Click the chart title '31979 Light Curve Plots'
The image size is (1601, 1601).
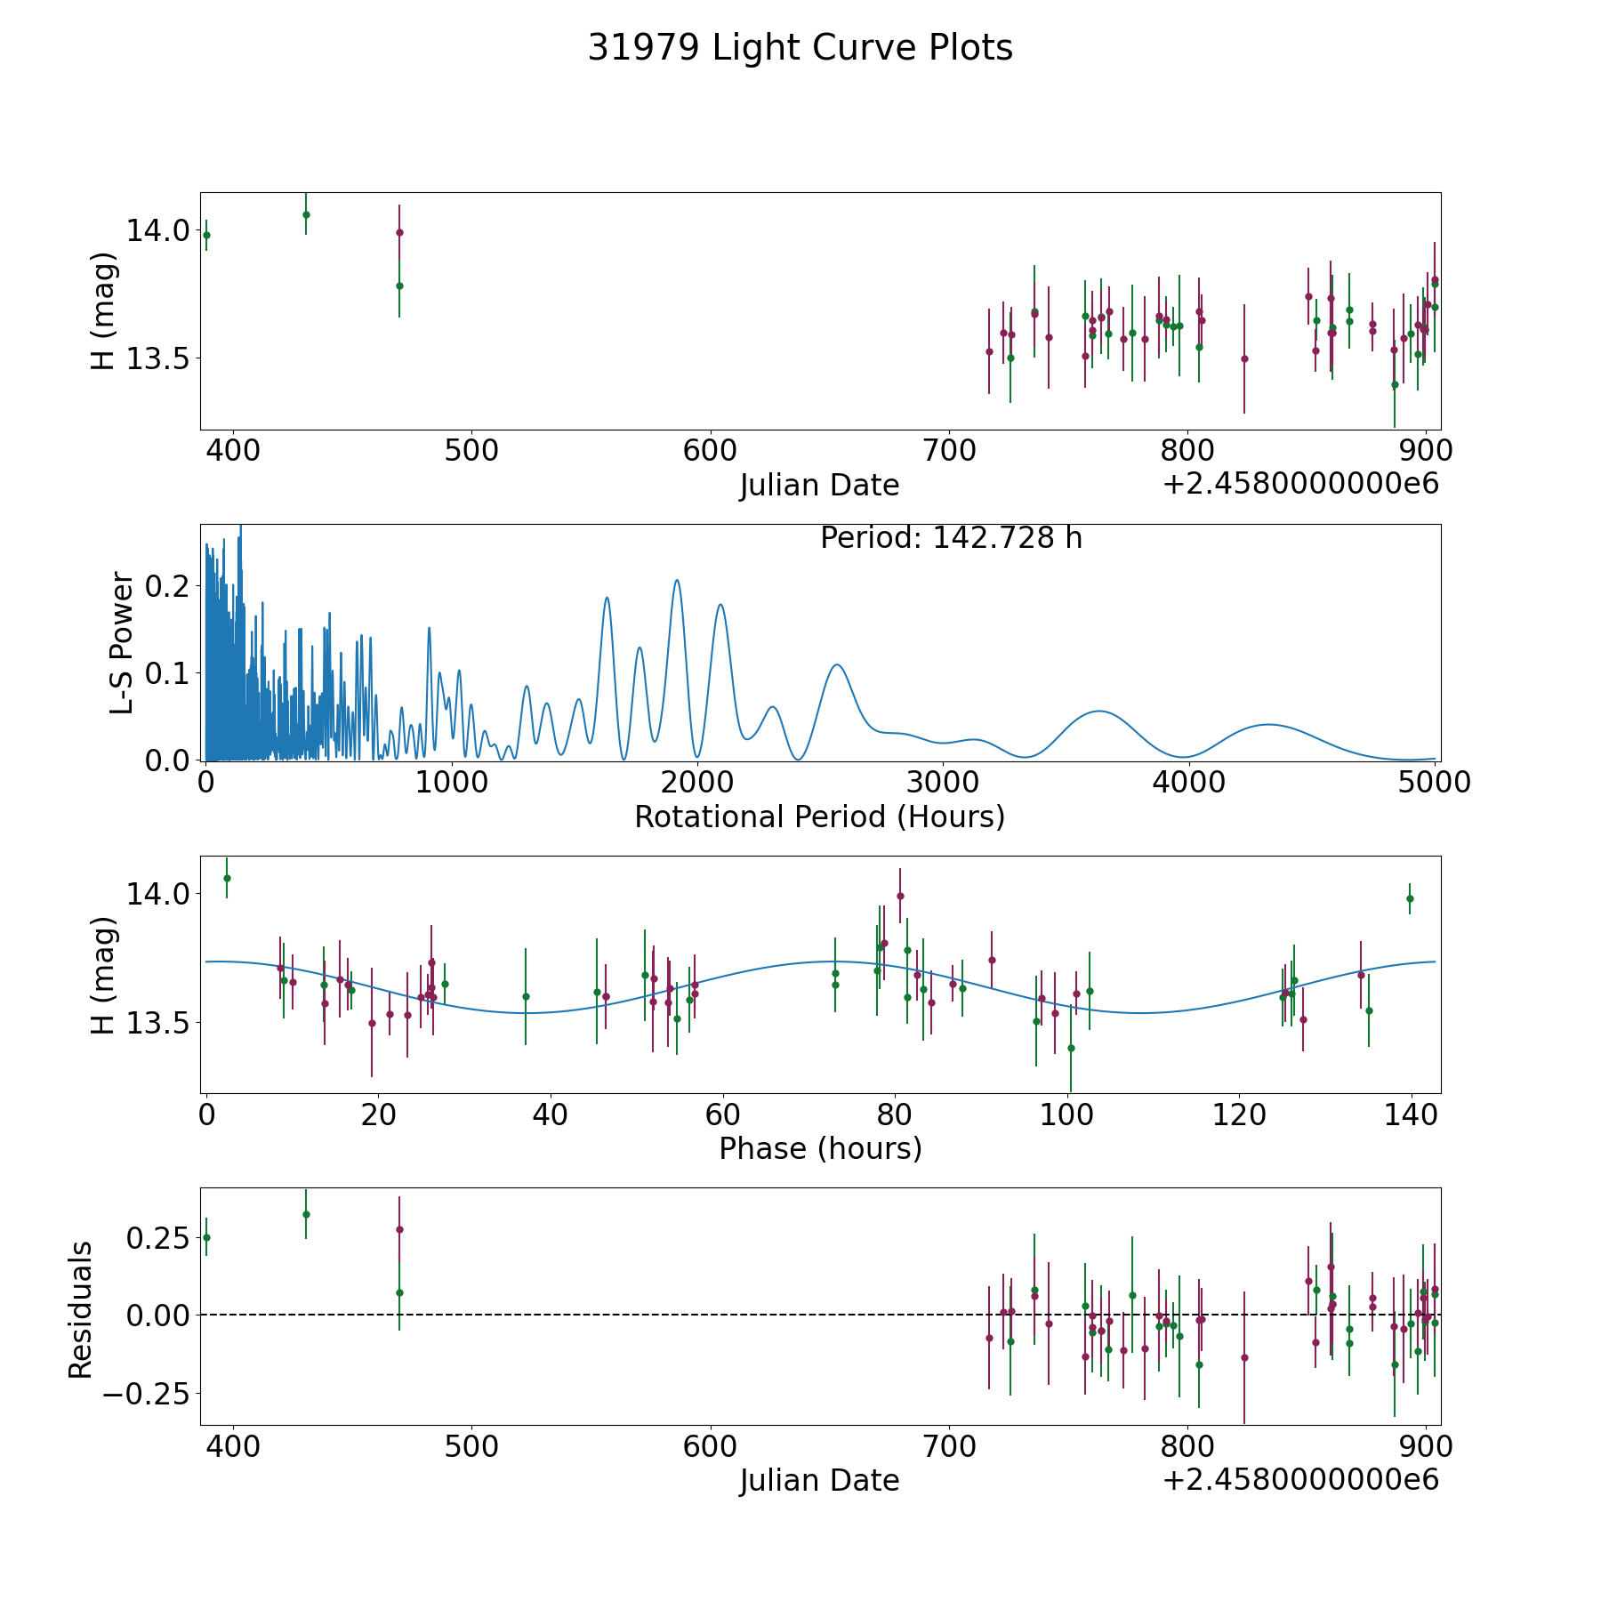800,48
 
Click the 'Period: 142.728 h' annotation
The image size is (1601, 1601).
951,538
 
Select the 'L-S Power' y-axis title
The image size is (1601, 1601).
122,642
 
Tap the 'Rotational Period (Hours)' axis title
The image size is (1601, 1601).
819,817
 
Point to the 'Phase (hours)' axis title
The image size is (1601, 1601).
820,1148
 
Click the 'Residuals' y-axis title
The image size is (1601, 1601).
80,1309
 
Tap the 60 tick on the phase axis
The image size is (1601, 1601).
723,1114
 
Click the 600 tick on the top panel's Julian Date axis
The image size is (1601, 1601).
710,451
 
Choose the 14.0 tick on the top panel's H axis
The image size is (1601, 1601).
157,230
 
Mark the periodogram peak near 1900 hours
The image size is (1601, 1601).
677,580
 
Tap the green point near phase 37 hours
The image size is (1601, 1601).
526,996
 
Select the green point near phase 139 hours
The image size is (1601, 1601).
1410,898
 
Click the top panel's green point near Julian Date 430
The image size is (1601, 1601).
306,214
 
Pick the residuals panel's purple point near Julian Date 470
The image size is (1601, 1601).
399,1229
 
